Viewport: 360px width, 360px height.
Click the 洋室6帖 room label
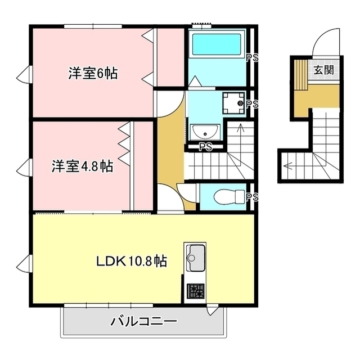click(93, 74)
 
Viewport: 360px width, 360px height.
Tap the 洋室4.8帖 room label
click(83, 166)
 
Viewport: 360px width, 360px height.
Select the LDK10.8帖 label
click(132, 261)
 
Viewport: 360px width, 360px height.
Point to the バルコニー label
click(144, 322)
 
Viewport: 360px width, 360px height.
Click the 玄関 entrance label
click(324, 70)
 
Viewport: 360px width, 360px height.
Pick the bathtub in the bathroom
click(217, 44)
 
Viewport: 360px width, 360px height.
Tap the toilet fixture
click(229, 197)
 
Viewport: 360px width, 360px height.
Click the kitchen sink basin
click(196, 258)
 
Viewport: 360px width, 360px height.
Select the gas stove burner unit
click(196, 291)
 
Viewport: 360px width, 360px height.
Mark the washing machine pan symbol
click(234, 103)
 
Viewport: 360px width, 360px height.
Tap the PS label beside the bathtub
click(252, 58)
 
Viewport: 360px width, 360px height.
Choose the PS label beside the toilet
click(252, 197)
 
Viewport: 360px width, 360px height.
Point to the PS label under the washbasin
click(205, 147)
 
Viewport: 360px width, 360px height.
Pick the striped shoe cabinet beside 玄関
click(301, 75)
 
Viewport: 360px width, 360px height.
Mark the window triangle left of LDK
click(24, 264)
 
